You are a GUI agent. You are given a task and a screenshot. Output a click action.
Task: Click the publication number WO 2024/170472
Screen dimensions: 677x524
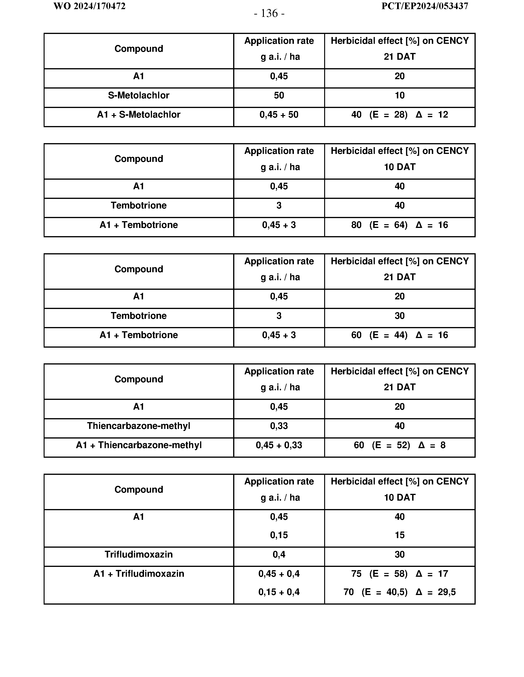click(x=89, y=6)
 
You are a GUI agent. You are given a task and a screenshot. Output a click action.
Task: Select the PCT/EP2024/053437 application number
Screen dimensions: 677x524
click(x=424, y=6)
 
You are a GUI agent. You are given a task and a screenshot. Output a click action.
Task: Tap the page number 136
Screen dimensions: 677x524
click(x=269, y=14)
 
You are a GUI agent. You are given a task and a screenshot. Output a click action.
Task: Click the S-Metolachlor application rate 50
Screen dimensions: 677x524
click(x=279, y=96)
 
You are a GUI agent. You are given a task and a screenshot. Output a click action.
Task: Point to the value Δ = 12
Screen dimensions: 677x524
click(x=432, y=115)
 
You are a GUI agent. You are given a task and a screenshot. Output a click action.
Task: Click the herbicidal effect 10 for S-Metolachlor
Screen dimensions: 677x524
click(x=399, y=96)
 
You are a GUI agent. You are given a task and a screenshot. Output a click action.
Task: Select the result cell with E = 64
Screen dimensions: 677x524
click(x=399, y=225)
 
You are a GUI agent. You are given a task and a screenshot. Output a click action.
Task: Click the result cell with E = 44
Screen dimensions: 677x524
click(x=399, y=335)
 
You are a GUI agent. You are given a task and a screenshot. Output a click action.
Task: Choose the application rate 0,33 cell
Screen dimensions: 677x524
click(x=279, y=426)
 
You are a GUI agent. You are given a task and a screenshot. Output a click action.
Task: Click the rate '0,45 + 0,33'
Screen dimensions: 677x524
click(x=279, y=445)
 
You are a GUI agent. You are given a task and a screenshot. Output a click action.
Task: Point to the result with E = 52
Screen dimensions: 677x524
click(x=399, y=445)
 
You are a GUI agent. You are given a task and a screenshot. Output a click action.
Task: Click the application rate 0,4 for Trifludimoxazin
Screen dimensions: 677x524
click(x=279, y=554)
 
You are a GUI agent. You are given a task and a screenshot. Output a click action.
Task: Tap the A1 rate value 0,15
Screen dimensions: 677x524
click(x=279, y=535)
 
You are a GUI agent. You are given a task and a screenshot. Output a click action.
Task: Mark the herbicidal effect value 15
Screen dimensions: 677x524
click(x=399, y=535)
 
